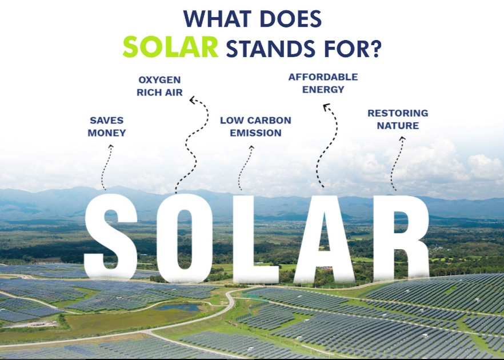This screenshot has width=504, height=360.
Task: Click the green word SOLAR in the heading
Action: coord(171,47)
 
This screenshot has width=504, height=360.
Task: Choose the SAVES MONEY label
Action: coord(107,127)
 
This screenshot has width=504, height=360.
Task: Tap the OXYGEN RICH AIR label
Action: coord(159,86)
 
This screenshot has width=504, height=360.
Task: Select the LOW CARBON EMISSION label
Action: coord(255,127)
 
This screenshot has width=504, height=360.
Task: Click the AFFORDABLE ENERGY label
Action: coord(323,83)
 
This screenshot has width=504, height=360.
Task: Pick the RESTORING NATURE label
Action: coord(398,119)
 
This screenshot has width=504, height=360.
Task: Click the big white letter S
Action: coord(111,237)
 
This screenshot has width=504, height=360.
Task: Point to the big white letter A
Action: coord(325,239)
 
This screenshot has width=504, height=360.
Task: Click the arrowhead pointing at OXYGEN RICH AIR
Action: coord(193,101)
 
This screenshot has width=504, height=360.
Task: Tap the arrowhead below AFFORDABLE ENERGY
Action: coord(326,107)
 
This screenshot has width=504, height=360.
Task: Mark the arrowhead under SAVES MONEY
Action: coord(111,146)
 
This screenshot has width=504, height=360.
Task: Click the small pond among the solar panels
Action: coord(178,307)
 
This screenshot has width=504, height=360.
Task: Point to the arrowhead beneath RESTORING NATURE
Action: coord(402,138)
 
